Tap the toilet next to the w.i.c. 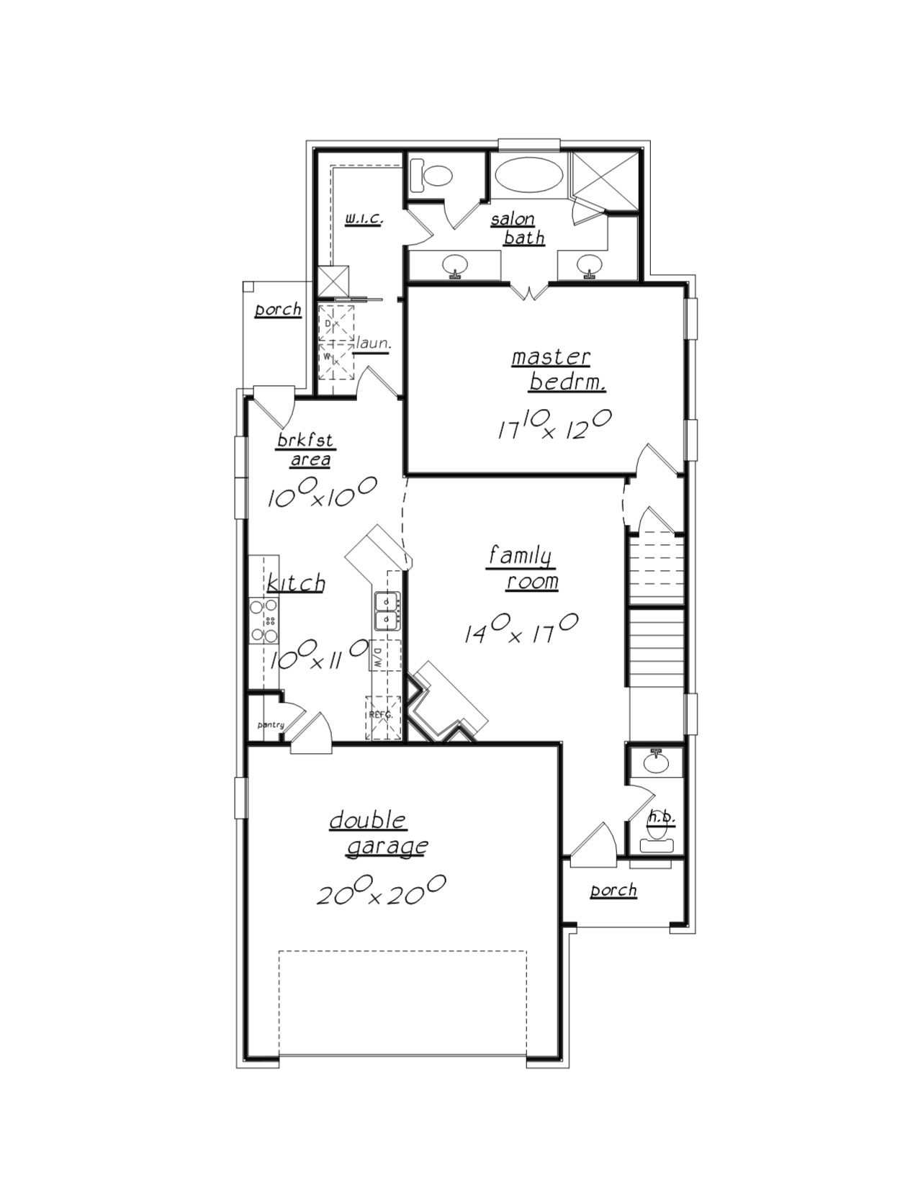point(431,175)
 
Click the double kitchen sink point(387,611)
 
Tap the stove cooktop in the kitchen point(264,621)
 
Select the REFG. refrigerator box point(382,717)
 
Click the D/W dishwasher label point(377,655)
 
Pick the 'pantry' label point(271,725)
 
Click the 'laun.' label point(373,344)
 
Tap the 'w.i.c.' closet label point(363,217)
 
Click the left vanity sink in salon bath point(455,265)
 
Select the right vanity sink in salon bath point(590,265)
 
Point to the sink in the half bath point(655,761)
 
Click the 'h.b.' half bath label point(662,816)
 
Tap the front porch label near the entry point(614,891)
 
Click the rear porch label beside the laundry point(278,310)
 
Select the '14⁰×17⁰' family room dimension point(520,628)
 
